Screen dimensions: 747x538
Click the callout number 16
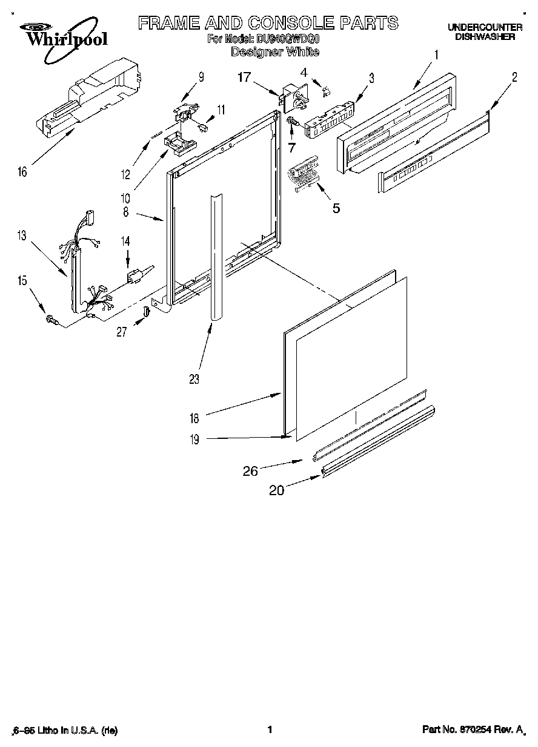22,173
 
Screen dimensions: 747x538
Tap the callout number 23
194,379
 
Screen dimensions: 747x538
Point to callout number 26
251,470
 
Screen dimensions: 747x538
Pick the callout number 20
276,490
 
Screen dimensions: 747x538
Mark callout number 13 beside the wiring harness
22,235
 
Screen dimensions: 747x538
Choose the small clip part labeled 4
327,90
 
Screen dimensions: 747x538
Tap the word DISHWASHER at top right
485,36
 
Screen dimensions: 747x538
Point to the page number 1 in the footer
269,730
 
